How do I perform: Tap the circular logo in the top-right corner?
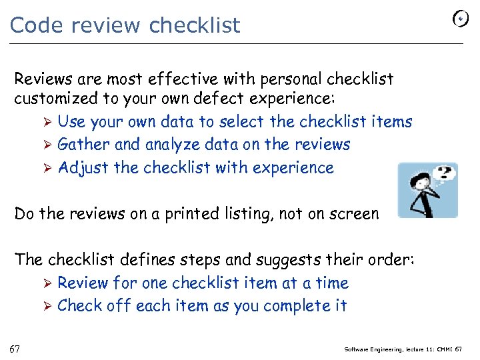[x=460, y=19]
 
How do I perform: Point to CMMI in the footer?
[x=443, y=349]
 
